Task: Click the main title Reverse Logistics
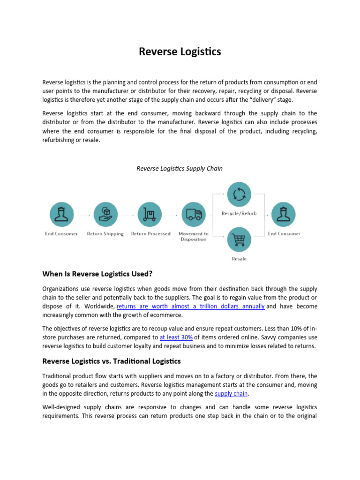point(180,52)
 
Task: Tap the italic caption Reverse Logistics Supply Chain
point(180,168)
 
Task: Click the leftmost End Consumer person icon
point(61,215)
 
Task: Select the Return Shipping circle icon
point(105,215)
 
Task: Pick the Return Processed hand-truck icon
point(150,215)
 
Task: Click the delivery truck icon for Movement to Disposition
point(193,215)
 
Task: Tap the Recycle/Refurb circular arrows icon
point(239,194)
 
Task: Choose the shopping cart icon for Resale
point(239,240)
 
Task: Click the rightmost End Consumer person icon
point(284,215)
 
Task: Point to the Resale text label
point(239,259)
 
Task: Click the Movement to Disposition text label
point(193,236)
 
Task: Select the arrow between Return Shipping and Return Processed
point(127,215)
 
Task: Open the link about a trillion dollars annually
point(190,307)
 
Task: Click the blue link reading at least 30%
point(176,337)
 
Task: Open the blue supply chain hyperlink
point(231,394)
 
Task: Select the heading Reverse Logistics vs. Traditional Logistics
point(112,361)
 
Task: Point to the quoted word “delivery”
point(253,100)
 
